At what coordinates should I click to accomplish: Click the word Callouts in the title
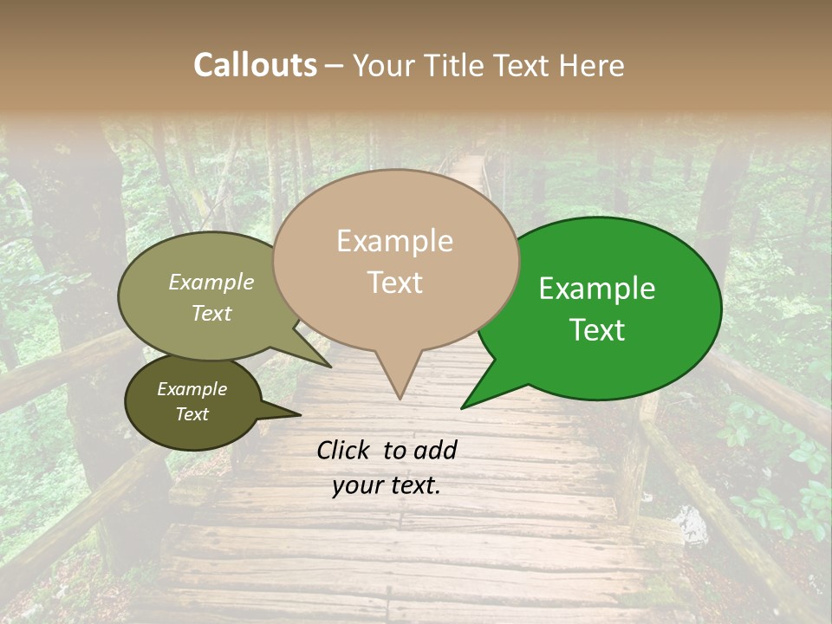tap(255, 65)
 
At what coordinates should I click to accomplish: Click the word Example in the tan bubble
tap(394, 241)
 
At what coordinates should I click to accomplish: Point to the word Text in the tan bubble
tap(394, 283)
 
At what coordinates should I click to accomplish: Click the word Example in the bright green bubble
tap(597, 289)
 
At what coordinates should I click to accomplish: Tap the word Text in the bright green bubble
tap(597, 330)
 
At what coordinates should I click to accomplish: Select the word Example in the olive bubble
tap(211, 283)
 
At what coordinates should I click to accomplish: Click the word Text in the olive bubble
tap(211, 313)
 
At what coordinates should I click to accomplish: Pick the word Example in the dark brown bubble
tap(192, 389)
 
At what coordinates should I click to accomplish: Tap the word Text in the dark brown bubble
tap(192, 414)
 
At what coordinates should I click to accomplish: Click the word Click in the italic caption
tap(345, 450)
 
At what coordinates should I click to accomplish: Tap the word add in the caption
tap(436, 450)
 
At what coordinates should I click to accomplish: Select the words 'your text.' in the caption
tap(386, 485)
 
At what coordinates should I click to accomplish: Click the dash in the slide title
tap(335, 66)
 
